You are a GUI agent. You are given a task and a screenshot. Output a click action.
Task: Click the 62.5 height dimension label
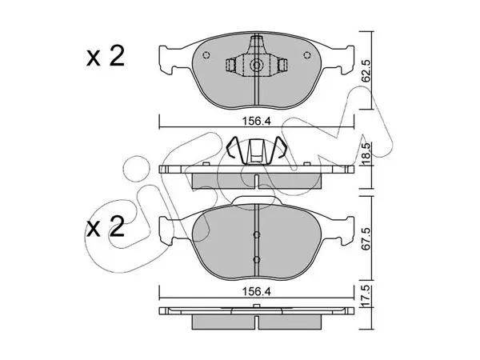[366, 70]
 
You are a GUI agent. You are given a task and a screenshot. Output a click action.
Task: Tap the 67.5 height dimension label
[366, 238]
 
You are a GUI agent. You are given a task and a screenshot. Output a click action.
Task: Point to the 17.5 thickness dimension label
[366, 296]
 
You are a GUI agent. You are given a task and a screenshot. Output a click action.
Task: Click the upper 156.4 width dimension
[257, 122]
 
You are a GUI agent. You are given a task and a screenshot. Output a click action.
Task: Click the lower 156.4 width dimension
[257, 291]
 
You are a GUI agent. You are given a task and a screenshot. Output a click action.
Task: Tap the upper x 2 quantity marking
[106, 56]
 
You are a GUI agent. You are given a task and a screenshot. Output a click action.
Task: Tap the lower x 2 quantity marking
[106, 226]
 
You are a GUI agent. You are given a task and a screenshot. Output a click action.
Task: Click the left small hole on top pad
[206, 55]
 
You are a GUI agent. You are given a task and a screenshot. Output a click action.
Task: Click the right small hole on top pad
[306, 55]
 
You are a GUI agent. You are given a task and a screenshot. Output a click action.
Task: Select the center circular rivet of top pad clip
[257, 65]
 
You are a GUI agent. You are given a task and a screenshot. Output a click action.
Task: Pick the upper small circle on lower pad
[257, 234]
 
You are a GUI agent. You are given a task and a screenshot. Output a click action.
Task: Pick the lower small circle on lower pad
[257, 260]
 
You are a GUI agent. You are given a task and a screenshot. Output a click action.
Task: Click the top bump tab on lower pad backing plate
[257, 200]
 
